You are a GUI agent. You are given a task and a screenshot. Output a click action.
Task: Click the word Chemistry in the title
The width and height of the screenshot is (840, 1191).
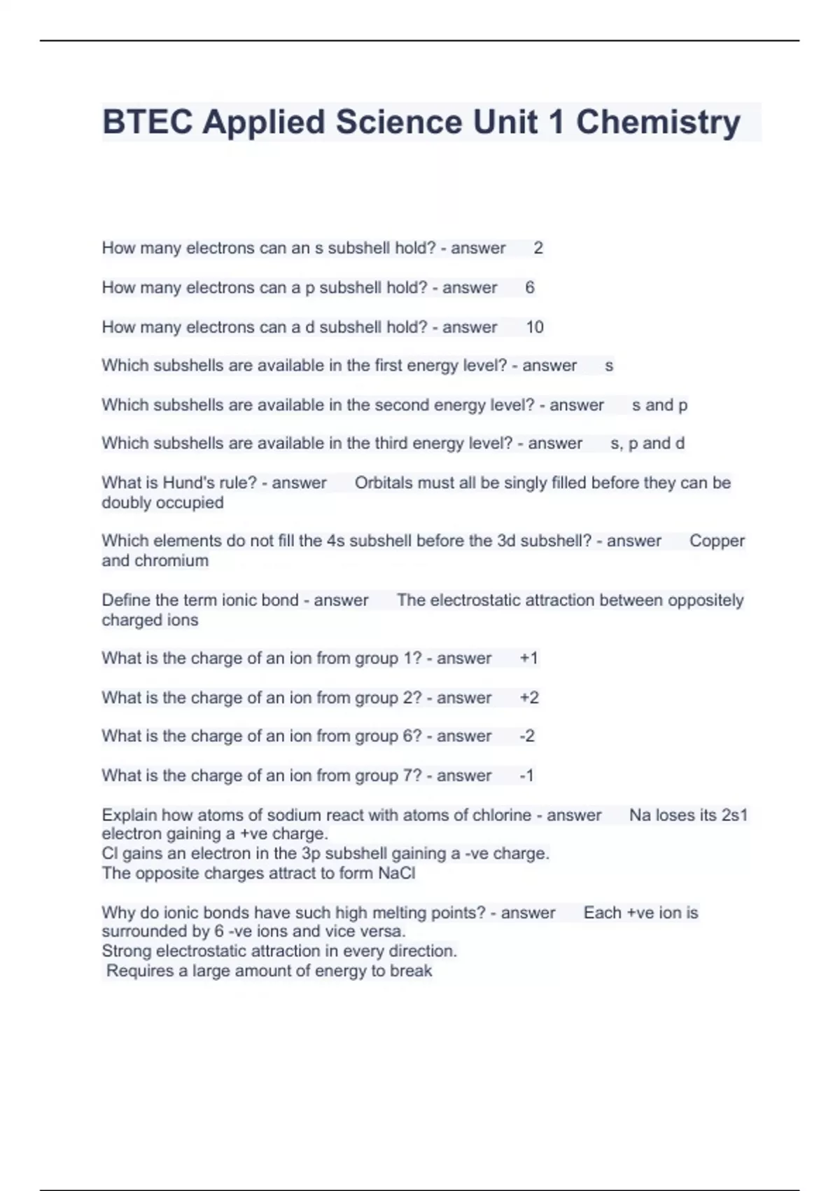(x=657, y=122)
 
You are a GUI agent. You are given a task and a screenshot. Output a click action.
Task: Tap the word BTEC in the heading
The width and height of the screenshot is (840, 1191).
(x=147, y=122)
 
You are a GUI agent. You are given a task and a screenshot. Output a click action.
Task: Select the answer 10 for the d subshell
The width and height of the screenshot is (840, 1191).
(x=535, y=327)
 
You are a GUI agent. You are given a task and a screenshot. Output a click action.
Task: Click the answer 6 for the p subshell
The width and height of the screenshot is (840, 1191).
(x=530, y=287)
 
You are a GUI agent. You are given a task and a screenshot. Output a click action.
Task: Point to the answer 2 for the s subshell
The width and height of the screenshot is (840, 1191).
(x=538, y=248)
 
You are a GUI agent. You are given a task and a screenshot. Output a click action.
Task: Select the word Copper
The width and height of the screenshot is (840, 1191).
(x=717, y=541)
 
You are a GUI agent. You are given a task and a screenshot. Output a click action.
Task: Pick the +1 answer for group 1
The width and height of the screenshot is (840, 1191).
(x=529, y=659)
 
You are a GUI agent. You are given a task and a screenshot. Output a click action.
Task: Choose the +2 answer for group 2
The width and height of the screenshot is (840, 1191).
(x=529, y=698)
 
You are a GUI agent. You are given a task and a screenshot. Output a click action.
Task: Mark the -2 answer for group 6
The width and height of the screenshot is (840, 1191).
(x=527, y=736)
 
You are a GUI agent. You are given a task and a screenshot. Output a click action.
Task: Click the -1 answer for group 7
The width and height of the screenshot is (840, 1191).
(x=527, y=776)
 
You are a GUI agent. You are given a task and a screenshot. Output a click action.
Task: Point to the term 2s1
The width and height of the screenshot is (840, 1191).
(x=734, y=815)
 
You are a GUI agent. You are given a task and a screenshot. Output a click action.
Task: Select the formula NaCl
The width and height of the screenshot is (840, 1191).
(x=396, y=874)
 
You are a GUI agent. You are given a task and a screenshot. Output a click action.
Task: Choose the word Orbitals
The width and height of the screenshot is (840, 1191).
(x=384, y=483)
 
